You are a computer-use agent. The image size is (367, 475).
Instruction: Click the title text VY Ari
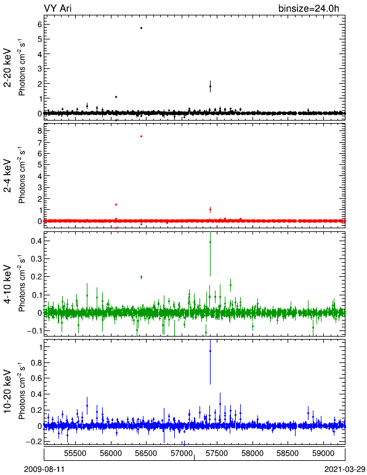(x=58, y=8)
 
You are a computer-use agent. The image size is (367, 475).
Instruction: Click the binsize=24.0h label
(x=309, y=8)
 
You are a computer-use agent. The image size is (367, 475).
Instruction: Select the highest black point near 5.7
(x=141, y=28)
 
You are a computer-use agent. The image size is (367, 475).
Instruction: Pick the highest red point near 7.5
(x=141, y=137)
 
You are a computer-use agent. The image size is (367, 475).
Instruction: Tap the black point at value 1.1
(x=116, y=97)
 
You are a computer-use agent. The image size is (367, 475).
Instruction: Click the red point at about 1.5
(x=116, y=205)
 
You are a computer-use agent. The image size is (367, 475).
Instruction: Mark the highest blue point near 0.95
(x=210, y=351)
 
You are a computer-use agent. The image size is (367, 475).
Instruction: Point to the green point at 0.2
(x=141, y=277)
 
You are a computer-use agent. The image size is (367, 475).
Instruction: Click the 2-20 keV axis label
(x=7, y=68)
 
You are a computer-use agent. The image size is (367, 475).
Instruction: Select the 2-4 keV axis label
(x=7, y=176)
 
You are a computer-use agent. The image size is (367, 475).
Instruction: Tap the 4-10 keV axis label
(x=7, y=284)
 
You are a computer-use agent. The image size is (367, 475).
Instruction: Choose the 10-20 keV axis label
(x=7, y=391)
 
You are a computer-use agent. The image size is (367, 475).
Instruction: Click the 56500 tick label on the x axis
(x=147, y=453)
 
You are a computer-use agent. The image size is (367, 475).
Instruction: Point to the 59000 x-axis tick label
(x=323, y=453)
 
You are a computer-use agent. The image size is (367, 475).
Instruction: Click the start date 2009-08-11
(x=44, y=469)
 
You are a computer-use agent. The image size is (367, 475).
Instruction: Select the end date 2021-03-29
(x=345, y=469)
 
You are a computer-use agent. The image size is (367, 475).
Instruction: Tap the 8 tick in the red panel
(x=39, y=130)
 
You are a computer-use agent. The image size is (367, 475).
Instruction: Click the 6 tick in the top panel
(x=39, y=24)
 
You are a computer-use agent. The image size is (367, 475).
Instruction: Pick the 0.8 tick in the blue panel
(x=36, y=362)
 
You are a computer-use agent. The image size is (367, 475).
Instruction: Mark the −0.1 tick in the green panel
(x=34, y=331)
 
